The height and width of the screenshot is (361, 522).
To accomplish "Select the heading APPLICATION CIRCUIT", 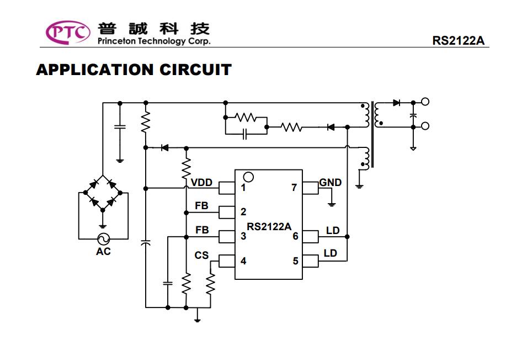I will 134,70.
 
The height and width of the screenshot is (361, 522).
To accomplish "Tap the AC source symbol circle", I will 103,238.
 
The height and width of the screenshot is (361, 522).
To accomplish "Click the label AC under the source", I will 103,252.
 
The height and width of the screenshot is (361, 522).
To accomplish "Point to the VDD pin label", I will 202,183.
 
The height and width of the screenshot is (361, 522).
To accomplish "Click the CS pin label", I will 202,256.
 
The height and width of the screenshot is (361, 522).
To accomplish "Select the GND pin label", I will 331,182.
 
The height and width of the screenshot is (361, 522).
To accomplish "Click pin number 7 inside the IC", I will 294,188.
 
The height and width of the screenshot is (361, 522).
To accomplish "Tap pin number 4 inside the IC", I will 243,261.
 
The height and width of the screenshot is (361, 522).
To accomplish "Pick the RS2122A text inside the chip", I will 269,226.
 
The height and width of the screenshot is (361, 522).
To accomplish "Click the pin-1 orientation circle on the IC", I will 248,177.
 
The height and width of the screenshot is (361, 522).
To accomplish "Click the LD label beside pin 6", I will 333,230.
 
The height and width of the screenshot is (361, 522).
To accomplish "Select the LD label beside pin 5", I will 330,253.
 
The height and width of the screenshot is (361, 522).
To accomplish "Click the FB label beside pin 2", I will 202,206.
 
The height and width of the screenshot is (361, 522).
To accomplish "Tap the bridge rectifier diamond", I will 103,193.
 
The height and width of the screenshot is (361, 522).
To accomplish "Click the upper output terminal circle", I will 425,102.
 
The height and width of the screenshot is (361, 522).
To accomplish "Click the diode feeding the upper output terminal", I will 396,102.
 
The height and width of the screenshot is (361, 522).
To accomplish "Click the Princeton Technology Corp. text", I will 153,41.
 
